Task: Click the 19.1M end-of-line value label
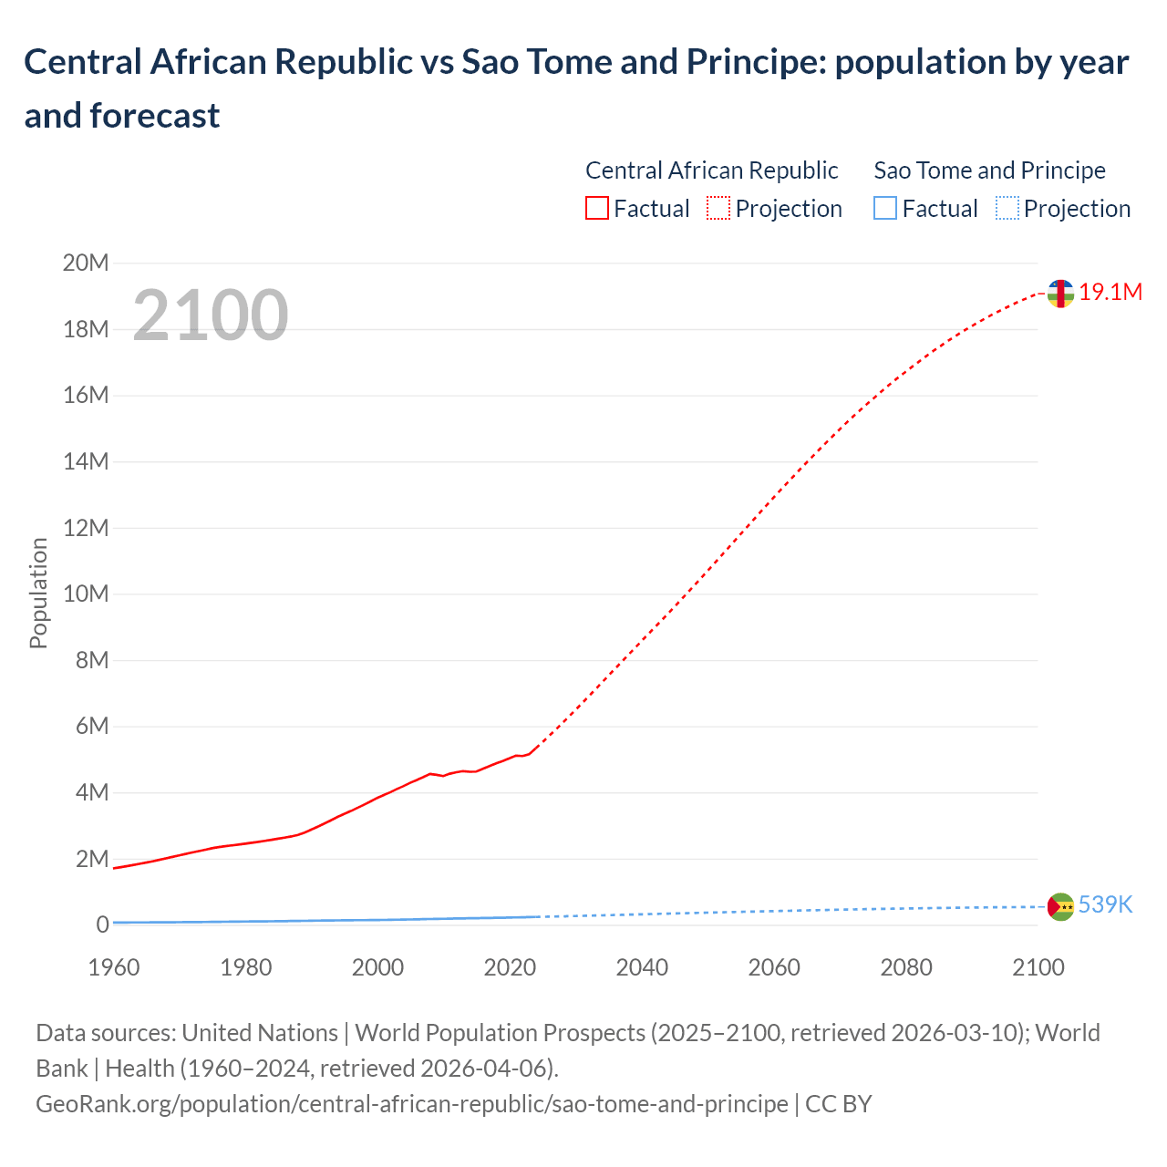pyautogui.click(x=1110, y=293)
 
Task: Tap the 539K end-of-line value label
pyautogui.click(x=1105, y=905)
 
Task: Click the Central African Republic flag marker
pyautogui.click(x=1060, y=294)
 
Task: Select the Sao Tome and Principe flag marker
pyautogui.click(x=1060, y=906)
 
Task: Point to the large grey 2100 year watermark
pyautogui.click(x=211, y=315)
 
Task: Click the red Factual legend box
pyautogui.click(x=596, y=209)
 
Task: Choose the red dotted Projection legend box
pyautogui.click(x=718, y=209)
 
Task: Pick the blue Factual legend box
pyautogui.click(x=884, y=209)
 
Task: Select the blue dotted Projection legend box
pyautogui.click(x=1007, y=209)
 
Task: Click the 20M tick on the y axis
pyautogui.click(x=86, y=263)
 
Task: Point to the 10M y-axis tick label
pyautogui.click(x=86, y=594)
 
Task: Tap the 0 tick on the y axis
pyautogui.click(x=102, y=925)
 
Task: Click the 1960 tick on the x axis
pyautogui.click(x=114, y=967)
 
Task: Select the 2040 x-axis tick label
pyautogui.click(x=642, y=967)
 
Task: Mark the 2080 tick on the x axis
pyautogui.click(x=906, y=967)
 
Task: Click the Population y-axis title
pyautogui.click(x=38, y=593)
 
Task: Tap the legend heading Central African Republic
pyautogui.click(x=711, y=170)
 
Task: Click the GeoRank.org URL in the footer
pyautogui.click(x=411, y=1104)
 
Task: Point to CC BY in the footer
pyautogui.click(x=838, y=1104)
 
